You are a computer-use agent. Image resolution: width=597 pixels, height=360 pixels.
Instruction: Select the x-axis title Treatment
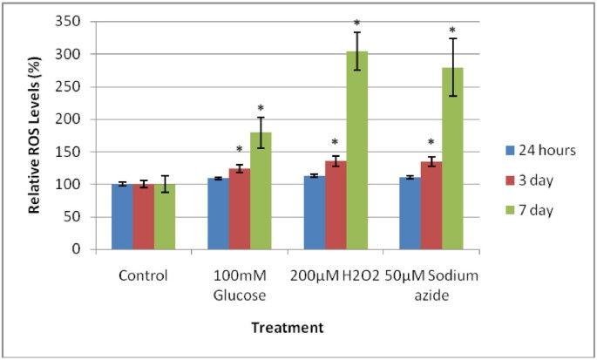(288, 328)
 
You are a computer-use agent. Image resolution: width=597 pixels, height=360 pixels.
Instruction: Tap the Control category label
(145, 276)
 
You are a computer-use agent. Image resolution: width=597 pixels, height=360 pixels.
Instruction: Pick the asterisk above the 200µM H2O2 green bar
(357, 24)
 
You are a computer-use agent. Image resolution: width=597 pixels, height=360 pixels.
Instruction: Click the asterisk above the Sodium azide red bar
(431, 144)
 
